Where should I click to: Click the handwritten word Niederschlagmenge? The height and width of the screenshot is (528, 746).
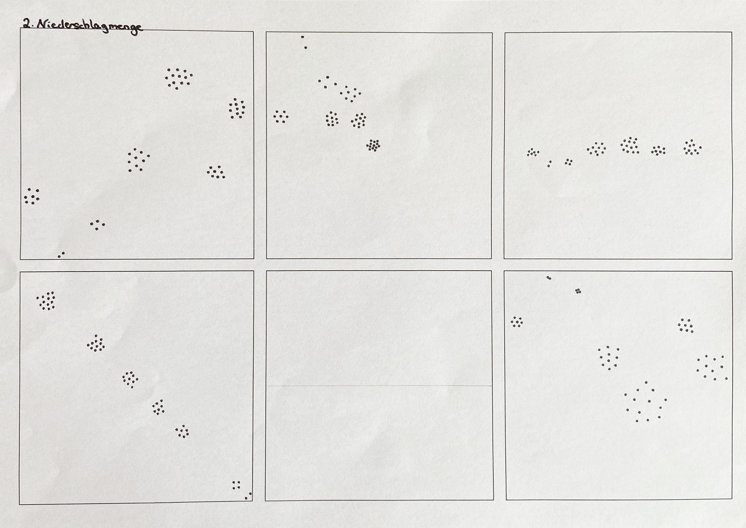[90, 26]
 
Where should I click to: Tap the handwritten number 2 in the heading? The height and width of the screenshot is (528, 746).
[26, 24]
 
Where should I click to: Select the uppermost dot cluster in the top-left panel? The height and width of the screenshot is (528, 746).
[179, 78]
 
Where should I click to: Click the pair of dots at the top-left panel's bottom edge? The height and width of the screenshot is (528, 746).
[61, 255]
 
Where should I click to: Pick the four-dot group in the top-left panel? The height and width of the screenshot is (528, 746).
[97, 225]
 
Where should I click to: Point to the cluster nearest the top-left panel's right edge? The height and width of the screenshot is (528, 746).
[237, 109]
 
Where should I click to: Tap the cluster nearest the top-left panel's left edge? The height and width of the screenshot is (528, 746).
[32, 196]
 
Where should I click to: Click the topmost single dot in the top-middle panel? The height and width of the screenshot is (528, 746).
[303, 37]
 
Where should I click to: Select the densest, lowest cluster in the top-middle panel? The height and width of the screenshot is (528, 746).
[373, 145]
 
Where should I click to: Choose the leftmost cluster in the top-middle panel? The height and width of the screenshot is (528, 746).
[281, 116]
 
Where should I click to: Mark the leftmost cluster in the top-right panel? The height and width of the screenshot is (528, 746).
[533, 152]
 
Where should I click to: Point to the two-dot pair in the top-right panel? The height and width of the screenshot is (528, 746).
[549, 164]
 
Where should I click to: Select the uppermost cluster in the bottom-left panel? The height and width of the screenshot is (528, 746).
[46, 301]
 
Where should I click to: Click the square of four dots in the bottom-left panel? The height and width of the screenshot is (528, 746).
[236, 485]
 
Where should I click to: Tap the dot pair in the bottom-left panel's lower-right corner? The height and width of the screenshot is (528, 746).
[248, 496]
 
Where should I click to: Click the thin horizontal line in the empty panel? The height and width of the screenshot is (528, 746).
[379, 385]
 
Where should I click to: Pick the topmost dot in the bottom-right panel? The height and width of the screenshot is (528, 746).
[548, 278]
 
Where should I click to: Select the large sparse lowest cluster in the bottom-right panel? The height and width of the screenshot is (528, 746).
[646, 402]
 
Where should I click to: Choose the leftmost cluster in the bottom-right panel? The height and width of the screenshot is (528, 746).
[517, 322]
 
